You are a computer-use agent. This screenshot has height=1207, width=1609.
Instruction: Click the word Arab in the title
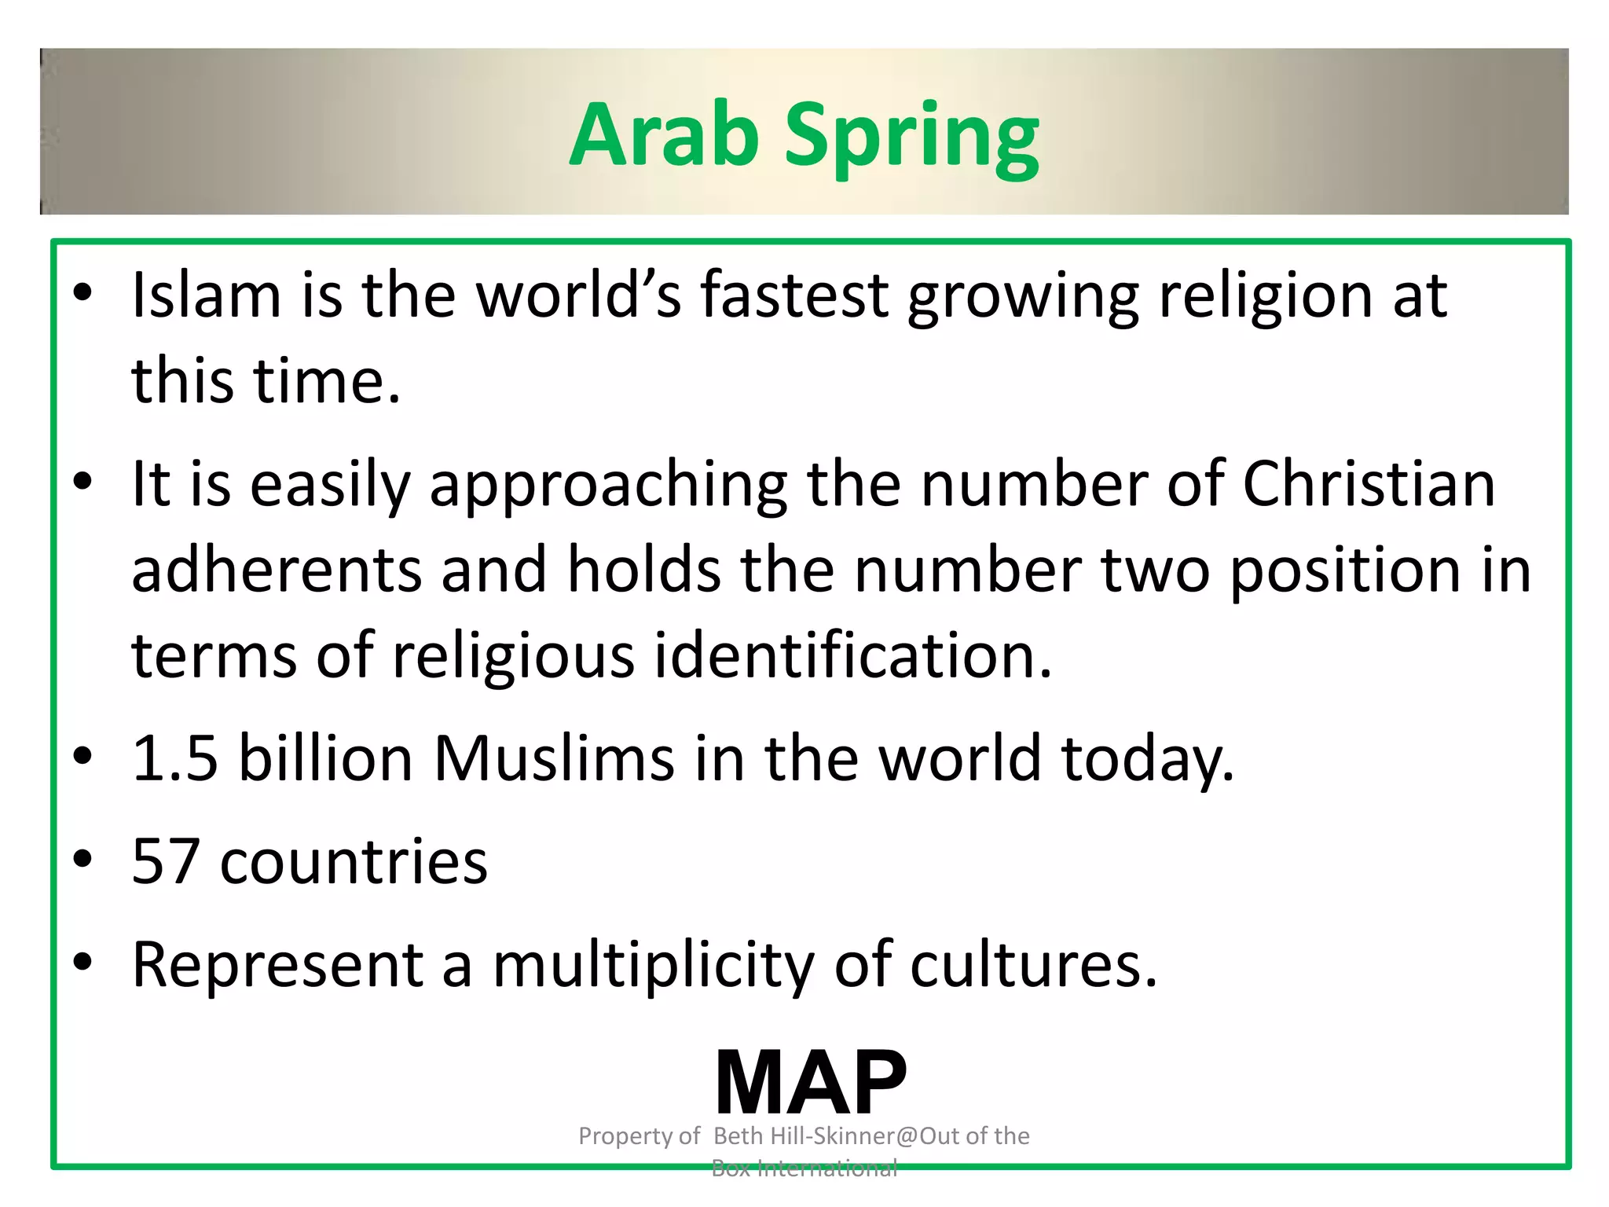[x=665, y=135]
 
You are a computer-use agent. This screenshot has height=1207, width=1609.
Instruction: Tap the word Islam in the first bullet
[x=206, y=295]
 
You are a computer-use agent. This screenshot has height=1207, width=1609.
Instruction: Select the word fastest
[x=794, y=295]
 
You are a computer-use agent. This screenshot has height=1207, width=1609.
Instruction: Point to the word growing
[x=1023, y=299]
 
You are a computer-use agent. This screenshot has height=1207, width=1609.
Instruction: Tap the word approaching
[x=608, y=487]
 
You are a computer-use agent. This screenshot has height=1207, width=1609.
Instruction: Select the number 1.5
[x=174, y=758]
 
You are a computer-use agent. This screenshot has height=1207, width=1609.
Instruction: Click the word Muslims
[x=554, y=758]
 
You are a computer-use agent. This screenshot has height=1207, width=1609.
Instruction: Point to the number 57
[x=165, y=861]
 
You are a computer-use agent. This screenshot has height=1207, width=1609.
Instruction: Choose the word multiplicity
[x=654, y=967]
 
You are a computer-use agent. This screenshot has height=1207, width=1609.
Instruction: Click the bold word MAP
[x=811, y=1083]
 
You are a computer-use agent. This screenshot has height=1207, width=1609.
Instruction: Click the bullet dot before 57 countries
[x=82, y=859]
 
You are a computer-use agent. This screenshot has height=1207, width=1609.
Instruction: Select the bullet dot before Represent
[x=82, y=962]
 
